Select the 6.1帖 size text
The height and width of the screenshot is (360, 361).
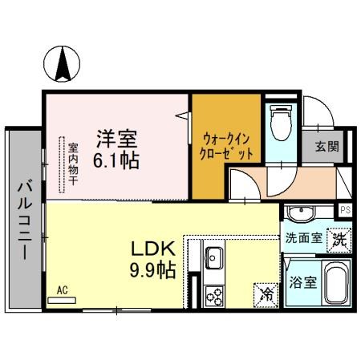(x=116, y=159)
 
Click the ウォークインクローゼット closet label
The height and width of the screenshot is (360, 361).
(x=228, y=144)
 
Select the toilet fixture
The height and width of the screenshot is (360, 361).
(x=281, y=121)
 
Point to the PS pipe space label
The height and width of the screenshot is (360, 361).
(x=345, y=210)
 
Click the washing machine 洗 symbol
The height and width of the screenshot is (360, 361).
(x=339, y=238)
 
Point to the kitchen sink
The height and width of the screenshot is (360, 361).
(x=214, y=258)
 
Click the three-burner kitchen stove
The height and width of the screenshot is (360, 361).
(x=214, y=297)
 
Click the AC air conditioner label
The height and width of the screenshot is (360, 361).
(x=62, y=292)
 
